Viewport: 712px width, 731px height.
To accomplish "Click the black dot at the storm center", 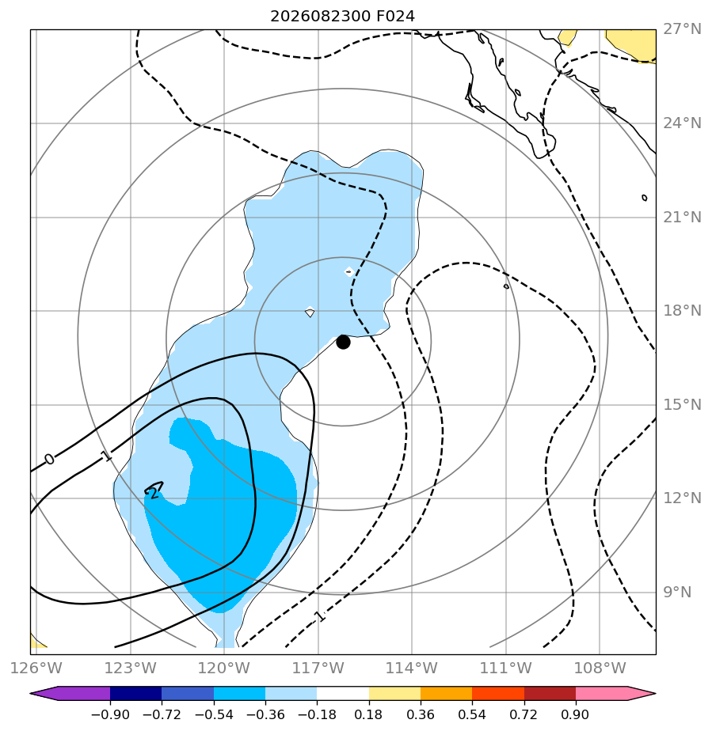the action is [343, 342].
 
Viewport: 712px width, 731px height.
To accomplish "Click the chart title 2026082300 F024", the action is [342, 17].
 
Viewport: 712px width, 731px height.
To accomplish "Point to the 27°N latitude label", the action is [682, 29].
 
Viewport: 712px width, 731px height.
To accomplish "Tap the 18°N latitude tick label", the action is [682, 310].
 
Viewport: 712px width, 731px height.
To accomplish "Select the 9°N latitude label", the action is [677, 592].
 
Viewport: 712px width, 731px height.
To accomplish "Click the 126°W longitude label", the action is [36, 668].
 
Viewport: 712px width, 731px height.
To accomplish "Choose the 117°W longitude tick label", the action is [318, 668].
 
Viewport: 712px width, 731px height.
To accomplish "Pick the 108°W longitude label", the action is [600, 668].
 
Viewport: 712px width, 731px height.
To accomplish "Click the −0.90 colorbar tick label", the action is [110, 714].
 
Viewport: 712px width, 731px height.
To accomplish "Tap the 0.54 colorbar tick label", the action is [472, 714].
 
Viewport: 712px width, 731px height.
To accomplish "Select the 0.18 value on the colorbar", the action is [368, 714].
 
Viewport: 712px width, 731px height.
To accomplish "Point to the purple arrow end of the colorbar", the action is [70, 694].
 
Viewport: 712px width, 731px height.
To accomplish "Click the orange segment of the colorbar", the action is [447, 694].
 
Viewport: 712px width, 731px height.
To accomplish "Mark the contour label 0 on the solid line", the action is [49, 459].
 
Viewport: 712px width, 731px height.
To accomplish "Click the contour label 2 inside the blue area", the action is [154, 493].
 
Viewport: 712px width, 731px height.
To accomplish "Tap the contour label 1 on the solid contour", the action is [107, 456].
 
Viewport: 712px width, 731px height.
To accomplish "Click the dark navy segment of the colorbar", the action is [136, 694].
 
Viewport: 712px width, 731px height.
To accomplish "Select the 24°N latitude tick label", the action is [682, 123].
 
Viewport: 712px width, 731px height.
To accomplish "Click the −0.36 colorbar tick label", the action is [265, 714].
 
